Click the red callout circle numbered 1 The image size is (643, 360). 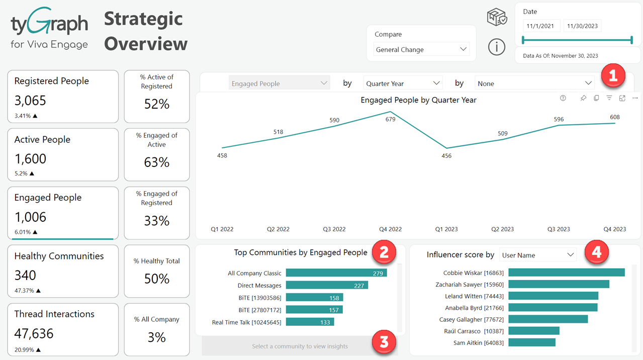click(613, 76)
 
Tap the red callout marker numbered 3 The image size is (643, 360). click(384, 343)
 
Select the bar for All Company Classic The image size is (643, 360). click(336, 273)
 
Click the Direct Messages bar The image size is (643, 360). click(327, 285)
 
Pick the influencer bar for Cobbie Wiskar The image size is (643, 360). click(566, 273)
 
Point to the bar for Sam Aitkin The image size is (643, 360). click(531, 342)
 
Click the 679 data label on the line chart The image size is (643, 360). click(391, 119)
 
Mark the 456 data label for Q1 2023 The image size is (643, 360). click(446, 156)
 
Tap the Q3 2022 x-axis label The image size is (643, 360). click(334, 229)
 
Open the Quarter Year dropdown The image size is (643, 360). click(403, 83)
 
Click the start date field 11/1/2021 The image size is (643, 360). click(541, 26)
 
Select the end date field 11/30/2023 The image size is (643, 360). click(582, 26)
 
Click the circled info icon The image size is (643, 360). click(497, 47)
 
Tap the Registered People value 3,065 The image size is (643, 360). click(30, 101)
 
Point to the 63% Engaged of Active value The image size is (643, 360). click(157, 162)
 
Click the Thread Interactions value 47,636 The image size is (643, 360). click(34, 333)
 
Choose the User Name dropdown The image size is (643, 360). click(537, 255)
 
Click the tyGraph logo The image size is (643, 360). click(49, 28)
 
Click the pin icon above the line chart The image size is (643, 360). click(583, 98)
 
